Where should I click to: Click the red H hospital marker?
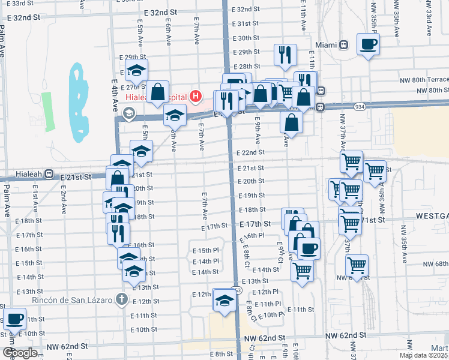[195, 95]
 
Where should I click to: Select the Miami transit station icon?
[344, 45]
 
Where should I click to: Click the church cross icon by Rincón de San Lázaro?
[121, 299]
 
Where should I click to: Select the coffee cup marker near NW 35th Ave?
[368, 43]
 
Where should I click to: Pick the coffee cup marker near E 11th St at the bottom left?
[14, 319]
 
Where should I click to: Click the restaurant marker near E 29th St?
[285, 55]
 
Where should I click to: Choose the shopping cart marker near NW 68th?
[357, 265]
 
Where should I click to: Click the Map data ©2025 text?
[423, 355]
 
